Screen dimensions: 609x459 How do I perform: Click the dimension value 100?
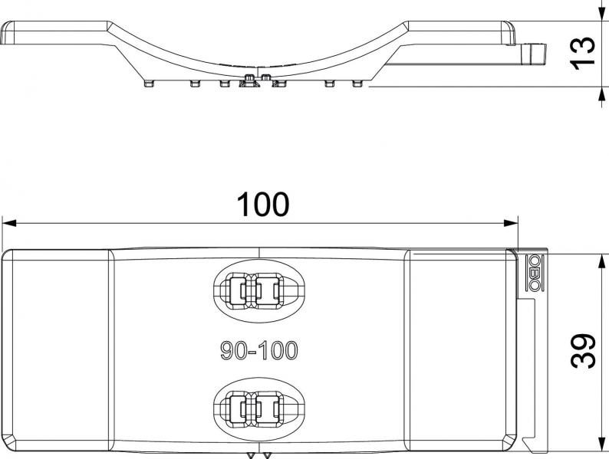point(263,205)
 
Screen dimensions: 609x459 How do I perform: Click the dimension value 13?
point(583,54)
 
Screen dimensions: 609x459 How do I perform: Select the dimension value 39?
point(583,351)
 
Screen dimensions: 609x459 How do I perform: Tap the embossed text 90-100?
point(259,350)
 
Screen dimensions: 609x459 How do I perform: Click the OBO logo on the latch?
point(533,273)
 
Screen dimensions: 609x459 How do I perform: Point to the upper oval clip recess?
point(258,290)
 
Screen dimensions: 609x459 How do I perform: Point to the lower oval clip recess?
point(258,408)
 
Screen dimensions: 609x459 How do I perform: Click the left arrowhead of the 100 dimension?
point(9,223)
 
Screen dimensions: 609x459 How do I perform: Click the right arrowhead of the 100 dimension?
point(511,223)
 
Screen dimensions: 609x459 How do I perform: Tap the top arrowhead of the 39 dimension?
point(601,261)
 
